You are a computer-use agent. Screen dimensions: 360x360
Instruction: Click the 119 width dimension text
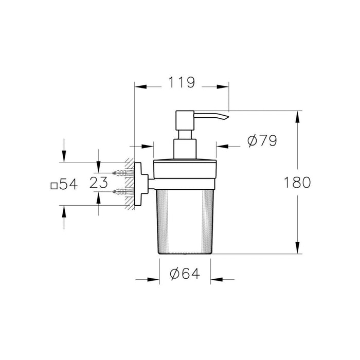point(181,82)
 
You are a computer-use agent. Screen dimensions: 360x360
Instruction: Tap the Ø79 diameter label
point(262,141)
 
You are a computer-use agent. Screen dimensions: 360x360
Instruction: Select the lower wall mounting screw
point(121,192)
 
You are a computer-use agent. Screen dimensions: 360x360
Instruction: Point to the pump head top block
point(185,119)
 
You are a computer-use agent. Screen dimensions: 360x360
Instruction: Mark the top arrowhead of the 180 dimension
point(297,115)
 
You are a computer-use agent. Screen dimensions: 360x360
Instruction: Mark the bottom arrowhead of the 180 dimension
point(297,249)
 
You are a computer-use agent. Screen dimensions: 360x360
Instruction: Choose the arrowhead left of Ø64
point(152,280)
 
